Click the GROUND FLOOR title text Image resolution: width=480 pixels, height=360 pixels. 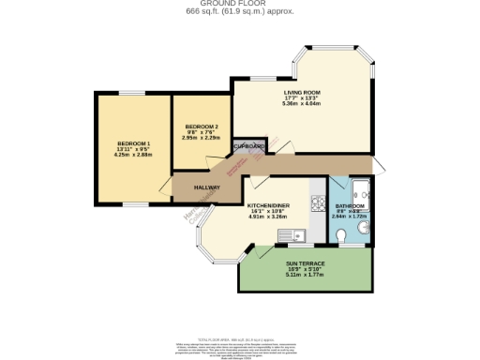[239, 4]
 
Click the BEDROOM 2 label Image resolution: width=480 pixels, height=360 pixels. [202, 127]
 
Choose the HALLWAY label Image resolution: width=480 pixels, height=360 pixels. [207, 187]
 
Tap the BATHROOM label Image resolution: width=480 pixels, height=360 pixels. [352, 204]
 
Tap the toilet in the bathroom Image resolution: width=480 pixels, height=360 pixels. [341, 234]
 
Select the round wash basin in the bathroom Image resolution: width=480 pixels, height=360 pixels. [363, 226]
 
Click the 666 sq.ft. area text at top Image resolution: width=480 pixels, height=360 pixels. [239, 11]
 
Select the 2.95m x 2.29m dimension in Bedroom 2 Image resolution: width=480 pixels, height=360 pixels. [202, 138]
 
